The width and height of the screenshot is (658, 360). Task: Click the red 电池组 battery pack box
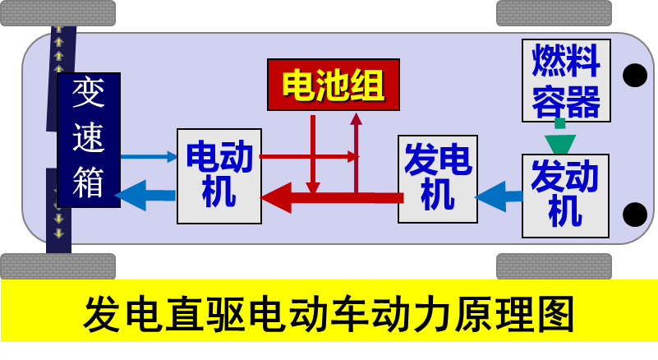[333, 84]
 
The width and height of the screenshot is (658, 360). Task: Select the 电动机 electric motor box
[219, 176]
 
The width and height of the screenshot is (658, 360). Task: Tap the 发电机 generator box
[437, 178]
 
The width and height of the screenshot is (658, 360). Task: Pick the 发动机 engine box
[566, 196]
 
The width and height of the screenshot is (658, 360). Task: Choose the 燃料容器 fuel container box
[566, 79]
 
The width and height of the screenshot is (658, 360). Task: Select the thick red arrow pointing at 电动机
[329, 197]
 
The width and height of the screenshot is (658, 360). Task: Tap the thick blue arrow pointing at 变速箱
[148, 196]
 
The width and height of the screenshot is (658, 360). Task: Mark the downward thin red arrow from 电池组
[313, 156]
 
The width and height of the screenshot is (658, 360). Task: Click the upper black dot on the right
[634, 76]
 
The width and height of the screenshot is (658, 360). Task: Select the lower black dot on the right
[634, 215]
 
